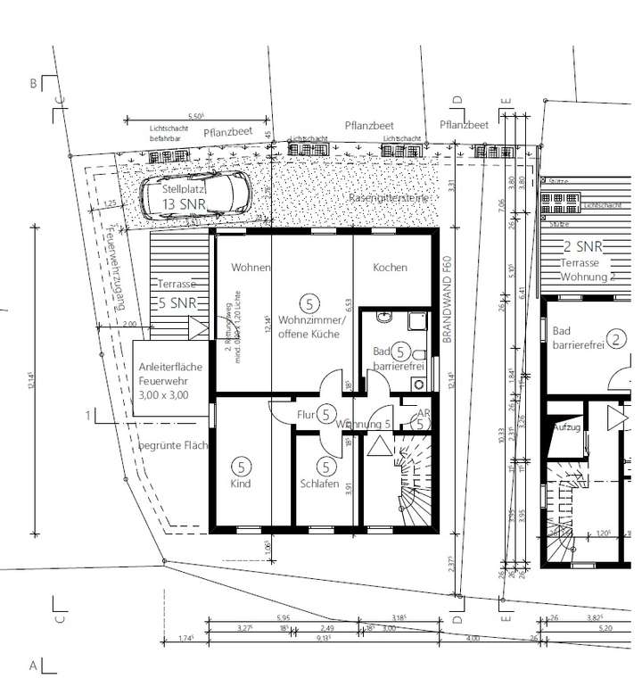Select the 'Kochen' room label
(390, 268)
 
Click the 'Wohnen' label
(250, 268)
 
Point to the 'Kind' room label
(240, 484)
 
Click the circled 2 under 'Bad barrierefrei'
(619, 338)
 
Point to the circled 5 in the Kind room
(240, 465)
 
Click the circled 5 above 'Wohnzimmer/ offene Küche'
(309, 302)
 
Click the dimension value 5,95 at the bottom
(283, 618)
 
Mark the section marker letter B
(33, 85)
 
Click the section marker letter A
(33, 666)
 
